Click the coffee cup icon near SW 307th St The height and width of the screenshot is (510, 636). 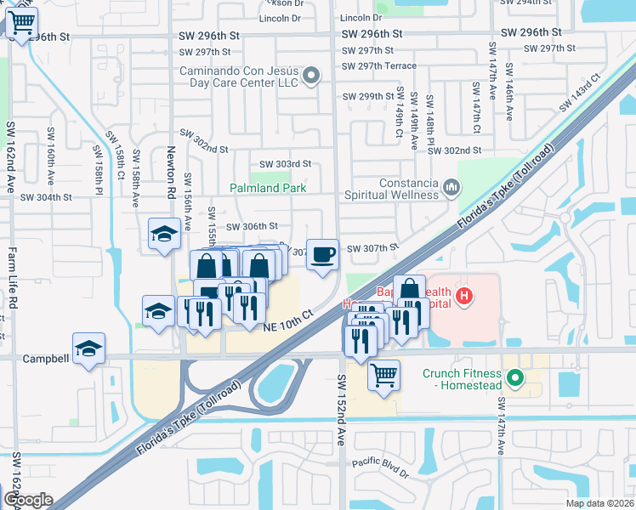(x=321, y=254)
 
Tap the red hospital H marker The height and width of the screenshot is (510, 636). (x=463, y=296)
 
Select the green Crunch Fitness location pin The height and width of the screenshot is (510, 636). (x=514, y=376)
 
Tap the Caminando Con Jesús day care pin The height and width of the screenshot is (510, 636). (x=311, y=76)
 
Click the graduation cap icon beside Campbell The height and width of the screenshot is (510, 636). (x=88, y=349)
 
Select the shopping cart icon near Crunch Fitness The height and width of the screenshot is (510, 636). (x=384, y=374)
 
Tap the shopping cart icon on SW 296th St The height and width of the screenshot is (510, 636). (x=22, y=23)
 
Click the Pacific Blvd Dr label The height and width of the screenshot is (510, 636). (x=381, y=464)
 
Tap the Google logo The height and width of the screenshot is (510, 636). (x=27, y=500)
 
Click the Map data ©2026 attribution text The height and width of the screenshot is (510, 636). (x=599, y=503)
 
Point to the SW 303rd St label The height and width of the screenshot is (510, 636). (x=285, y=164)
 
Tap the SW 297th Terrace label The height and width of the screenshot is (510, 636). (x=378, y=65)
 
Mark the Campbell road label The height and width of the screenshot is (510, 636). (x=46, y=359)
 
